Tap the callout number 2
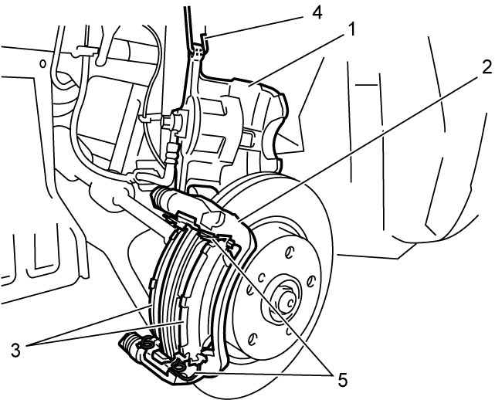pos(486,67)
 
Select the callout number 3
pos(15,350)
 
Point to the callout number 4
pos(317,12)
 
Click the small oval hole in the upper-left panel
pos(42,64)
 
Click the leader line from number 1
pos(296,59)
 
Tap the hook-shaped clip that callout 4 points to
pos(202,45)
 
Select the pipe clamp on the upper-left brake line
pos(85,51)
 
